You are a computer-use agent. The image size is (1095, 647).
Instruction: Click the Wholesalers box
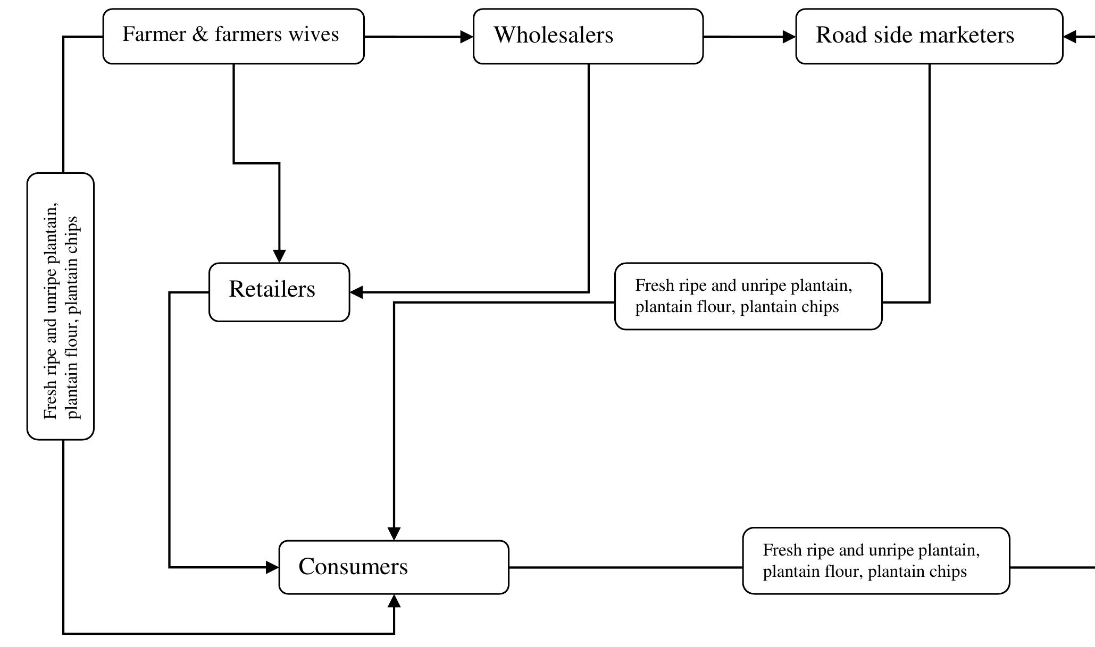(x=588, y=36)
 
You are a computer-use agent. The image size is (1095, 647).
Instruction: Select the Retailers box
(x=279, y=292)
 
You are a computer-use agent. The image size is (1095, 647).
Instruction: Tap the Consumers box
(x=394, y=567)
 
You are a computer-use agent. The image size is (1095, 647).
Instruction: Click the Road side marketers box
(x=929, y=36)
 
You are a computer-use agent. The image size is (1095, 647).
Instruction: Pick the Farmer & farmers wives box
(x=233, y=36)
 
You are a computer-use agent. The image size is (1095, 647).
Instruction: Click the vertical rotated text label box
(x=61, y=306)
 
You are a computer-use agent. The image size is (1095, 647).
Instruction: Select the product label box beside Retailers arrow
(x=748, y=296)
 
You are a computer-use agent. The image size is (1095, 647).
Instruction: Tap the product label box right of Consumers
(x=875, y=561)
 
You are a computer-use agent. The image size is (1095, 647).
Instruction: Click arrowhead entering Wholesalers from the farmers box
(x=466, y=37)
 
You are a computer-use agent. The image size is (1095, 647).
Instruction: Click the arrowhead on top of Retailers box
(x=279, y=256)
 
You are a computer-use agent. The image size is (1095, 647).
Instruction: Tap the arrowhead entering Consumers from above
(x=394, y=533)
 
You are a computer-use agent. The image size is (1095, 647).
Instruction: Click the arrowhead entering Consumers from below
(x=394, y=601)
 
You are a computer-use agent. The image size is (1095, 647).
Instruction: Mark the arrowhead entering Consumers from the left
(x=272, y=567)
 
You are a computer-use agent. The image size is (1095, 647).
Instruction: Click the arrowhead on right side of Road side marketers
(x=1070, y=37)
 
